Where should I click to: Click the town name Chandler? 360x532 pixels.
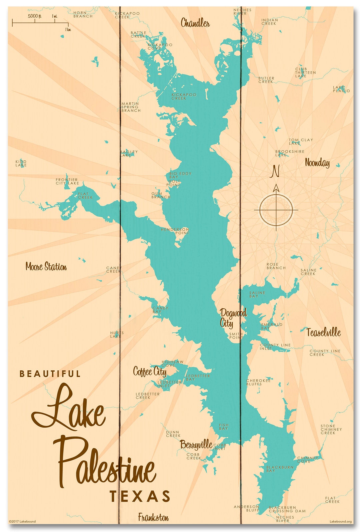195,23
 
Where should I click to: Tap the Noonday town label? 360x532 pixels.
317,163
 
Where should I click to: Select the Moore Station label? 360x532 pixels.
46,267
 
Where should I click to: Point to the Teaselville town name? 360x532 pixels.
323,332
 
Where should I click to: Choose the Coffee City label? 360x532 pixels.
150,371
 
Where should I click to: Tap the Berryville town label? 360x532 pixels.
196,444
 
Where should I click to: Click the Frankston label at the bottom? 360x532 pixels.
153,517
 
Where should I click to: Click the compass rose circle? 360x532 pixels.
276,210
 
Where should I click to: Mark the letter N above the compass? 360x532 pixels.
275,171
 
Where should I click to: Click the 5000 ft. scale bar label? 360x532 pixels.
34,16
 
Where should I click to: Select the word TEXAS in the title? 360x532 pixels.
140,497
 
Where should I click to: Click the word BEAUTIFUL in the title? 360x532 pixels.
50,374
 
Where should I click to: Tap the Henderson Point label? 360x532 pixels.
175,231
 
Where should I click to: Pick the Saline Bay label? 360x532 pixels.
257,294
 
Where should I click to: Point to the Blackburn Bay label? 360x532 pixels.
280,469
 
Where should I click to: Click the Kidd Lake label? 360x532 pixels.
21,163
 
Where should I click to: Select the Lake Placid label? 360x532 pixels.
341,89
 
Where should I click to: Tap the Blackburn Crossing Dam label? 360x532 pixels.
287,509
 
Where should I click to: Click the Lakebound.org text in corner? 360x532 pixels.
340,522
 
